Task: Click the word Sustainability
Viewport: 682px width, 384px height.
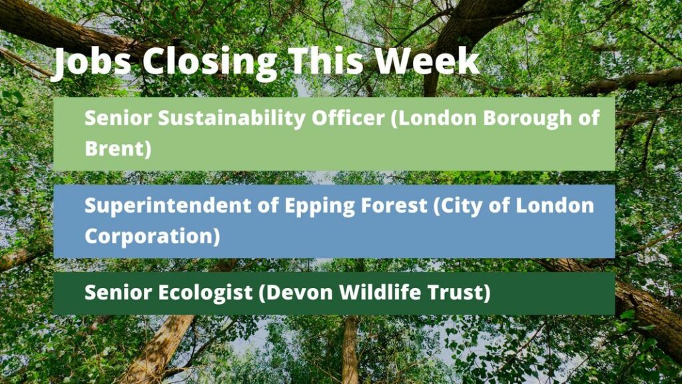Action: click(231, 119)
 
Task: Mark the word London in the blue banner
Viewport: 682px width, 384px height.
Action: click(555, 205)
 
